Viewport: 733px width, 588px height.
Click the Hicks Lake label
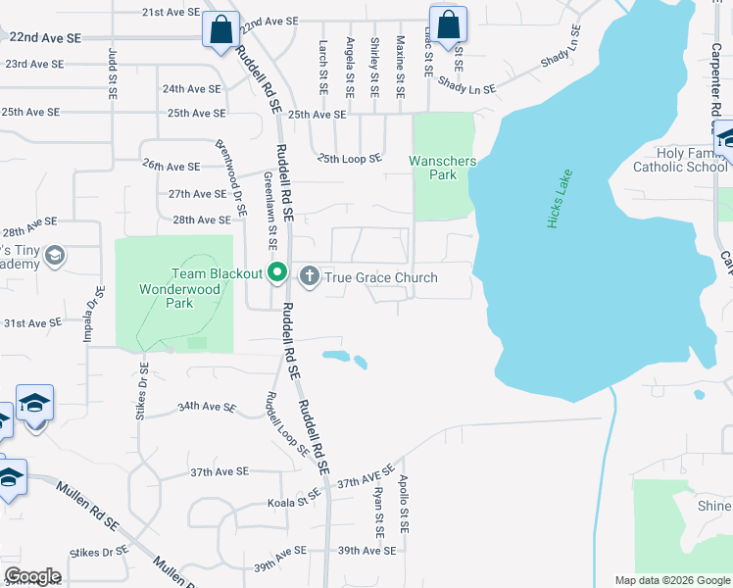560,201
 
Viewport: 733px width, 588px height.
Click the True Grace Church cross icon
310,276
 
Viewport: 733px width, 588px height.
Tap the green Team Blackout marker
277,274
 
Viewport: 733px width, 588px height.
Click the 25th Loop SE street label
349,158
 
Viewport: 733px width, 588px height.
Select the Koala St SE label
294,504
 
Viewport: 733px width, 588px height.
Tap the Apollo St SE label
403,504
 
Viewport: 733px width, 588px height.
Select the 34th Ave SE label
207,407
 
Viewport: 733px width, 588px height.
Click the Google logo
32,576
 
